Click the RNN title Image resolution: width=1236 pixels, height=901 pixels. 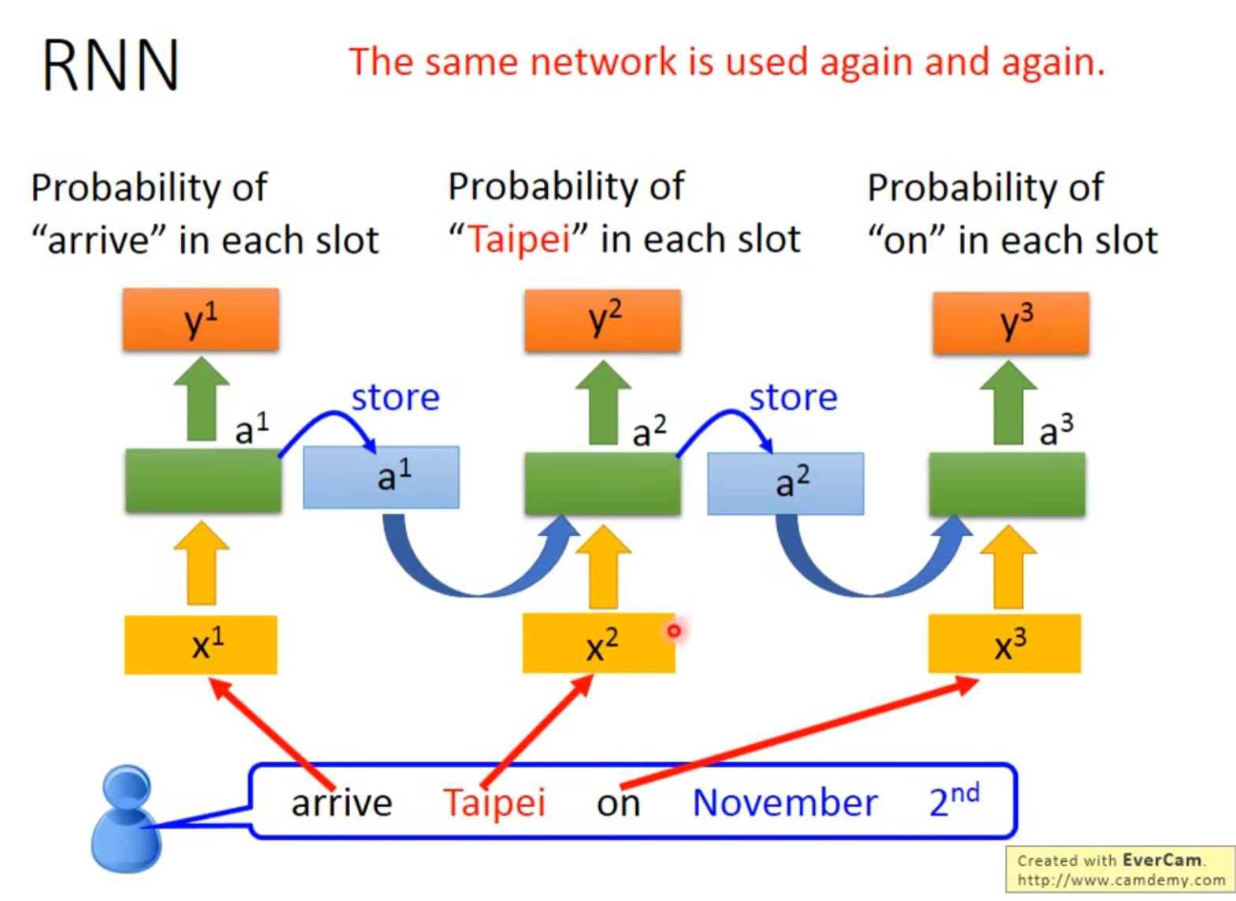tap(110, 65)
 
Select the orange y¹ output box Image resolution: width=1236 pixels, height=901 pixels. tap(201, 319)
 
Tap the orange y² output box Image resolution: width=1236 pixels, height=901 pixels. tap(602, 321)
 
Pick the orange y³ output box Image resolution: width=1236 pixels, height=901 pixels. tap(1011, 322)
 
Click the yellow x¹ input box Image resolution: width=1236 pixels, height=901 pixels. tap(201, 645)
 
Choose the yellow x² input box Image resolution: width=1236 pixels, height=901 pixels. tap(599, 643)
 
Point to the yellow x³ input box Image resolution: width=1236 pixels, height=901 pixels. tap(1004, 643)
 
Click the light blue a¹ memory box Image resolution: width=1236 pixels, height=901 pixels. tap(382, 477)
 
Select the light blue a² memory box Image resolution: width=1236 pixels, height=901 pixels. tap(786, 484)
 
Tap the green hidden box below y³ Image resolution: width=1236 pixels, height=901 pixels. tap(1007, 484)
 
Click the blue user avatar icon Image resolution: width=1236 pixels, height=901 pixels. tap(126, 819)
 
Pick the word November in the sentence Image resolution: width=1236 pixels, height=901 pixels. tap(785, 802)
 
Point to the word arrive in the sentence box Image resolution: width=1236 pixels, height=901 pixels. tap(341, 802)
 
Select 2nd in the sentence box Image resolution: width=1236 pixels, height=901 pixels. tap(955, 800)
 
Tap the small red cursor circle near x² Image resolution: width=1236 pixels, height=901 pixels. tap(674, 631)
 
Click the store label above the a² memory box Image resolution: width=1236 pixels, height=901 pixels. tap(793, 397)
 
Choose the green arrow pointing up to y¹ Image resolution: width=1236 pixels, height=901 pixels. tap(202, 399)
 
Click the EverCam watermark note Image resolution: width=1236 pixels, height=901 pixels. tap(1120, 869)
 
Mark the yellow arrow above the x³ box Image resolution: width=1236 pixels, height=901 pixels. tap(1008, 567)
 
